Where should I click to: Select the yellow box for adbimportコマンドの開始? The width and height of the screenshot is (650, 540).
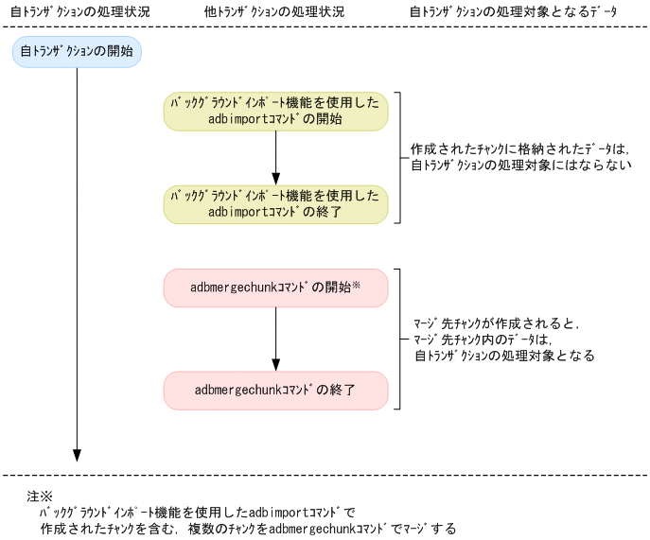pyautogui.click(x=275, y=111)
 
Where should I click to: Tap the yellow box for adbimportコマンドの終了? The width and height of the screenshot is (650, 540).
pyautogui.click(x=275, y=204)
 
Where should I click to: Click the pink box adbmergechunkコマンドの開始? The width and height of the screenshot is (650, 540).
pyautogui.click(x=275, y=287)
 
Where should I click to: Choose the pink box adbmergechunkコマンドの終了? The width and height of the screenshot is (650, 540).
pyautogui.click(x=275, y=390)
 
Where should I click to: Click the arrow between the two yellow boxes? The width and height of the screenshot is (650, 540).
pyautogui.click(x=275, y=157)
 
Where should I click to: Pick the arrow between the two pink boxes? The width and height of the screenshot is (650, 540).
pyautogui.click(x=275, y=339)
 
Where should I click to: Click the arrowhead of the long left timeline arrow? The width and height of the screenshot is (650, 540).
pyautogui.click(x=77, y=455)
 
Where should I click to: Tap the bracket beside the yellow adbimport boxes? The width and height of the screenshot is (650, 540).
pyautogui.click(x=400, y=157)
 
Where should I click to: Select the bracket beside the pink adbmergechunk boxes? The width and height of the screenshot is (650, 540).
pyautogui.click(x=400, y=339)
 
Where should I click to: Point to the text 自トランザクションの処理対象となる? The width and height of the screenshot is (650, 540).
pyautogui.click(x=504, y=357)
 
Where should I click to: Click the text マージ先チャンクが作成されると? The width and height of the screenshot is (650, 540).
pyautogui.click(x=494, y=323)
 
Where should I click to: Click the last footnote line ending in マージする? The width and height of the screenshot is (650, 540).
pyautogui.click(x=248, y=529)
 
